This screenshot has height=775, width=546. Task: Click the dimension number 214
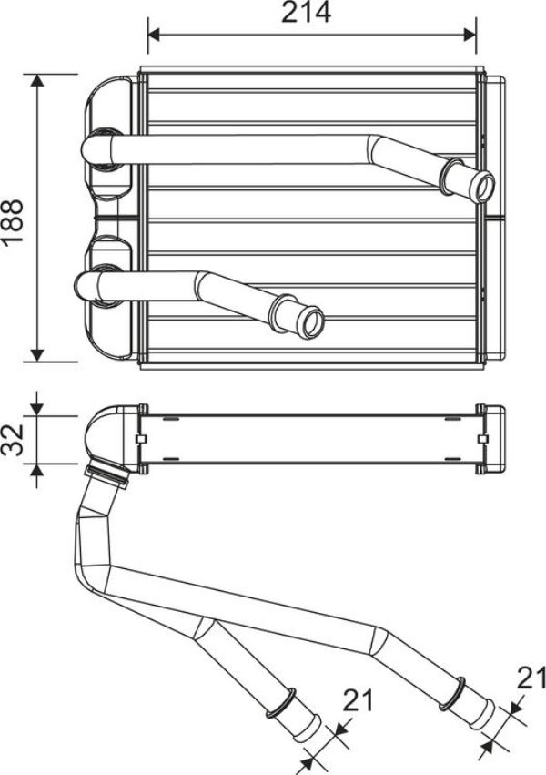coord(305,13)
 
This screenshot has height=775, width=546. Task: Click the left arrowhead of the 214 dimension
coord(154,35)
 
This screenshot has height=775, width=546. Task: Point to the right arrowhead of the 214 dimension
coord(470,35)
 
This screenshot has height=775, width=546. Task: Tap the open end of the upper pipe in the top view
coord(481,186)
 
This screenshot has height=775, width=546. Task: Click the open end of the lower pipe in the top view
coord(312,321)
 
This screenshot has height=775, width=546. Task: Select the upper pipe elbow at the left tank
coord(95,149)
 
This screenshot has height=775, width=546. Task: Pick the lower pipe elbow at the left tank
coord(91,285)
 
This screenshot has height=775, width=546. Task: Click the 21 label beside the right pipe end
coord(531,677)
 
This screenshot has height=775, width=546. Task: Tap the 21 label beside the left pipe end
coord(359,700)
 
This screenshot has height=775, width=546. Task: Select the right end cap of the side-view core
coord(490,439)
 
